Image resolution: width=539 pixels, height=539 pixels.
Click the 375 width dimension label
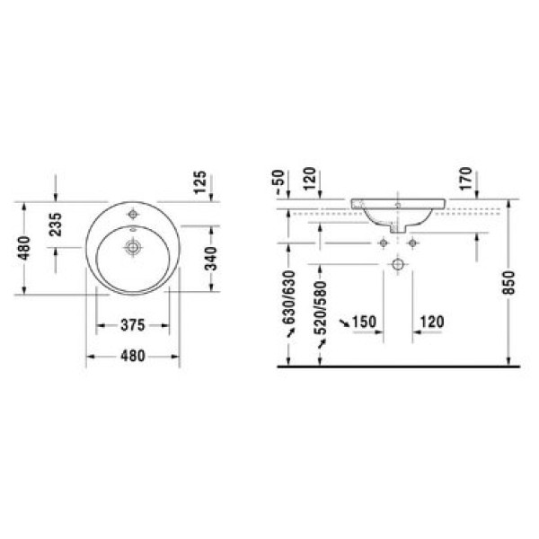tap(133, 325)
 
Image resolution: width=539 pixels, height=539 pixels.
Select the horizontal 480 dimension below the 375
tap(133, 356)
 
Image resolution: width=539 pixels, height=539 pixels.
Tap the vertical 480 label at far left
tap(25, 248)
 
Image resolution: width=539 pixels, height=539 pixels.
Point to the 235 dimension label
tap(56, 225)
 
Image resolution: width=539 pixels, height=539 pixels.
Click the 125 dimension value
tap(200, 182)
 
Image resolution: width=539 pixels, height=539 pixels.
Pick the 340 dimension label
tap(210, 259)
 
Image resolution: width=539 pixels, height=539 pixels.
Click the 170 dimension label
tap(465, 179)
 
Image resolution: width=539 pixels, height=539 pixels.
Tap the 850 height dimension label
tap(508, 283)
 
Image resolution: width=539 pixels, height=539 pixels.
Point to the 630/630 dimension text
tap(288, 297)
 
